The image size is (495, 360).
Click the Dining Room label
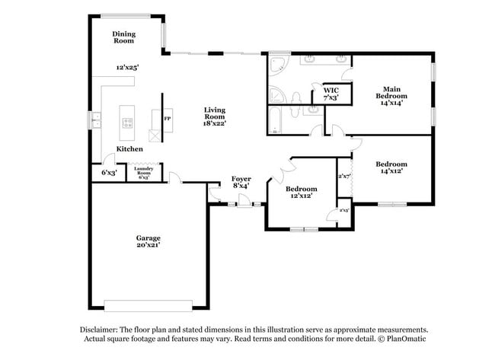[123, 37]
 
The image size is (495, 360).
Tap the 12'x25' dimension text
[127, 68]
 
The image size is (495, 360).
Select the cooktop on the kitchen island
[127, 123]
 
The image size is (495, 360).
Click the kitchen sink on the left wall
[97, 119]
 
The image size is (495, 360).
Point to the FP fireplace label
[166, 119]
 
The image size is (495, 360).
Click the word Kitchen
[129, 149]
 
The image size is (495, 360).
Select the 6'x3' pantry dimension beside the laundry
[108, 173]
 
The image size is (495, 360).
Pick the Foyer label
[241, 179]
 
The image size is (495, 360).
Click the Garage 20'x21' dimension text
[148, 245]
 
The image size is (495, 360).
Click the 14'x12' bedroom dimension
[390, 171]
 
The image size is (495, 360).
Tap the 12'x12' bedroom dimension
[302, 196]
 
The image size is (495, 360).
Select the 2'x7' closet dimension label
[344, 177]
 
